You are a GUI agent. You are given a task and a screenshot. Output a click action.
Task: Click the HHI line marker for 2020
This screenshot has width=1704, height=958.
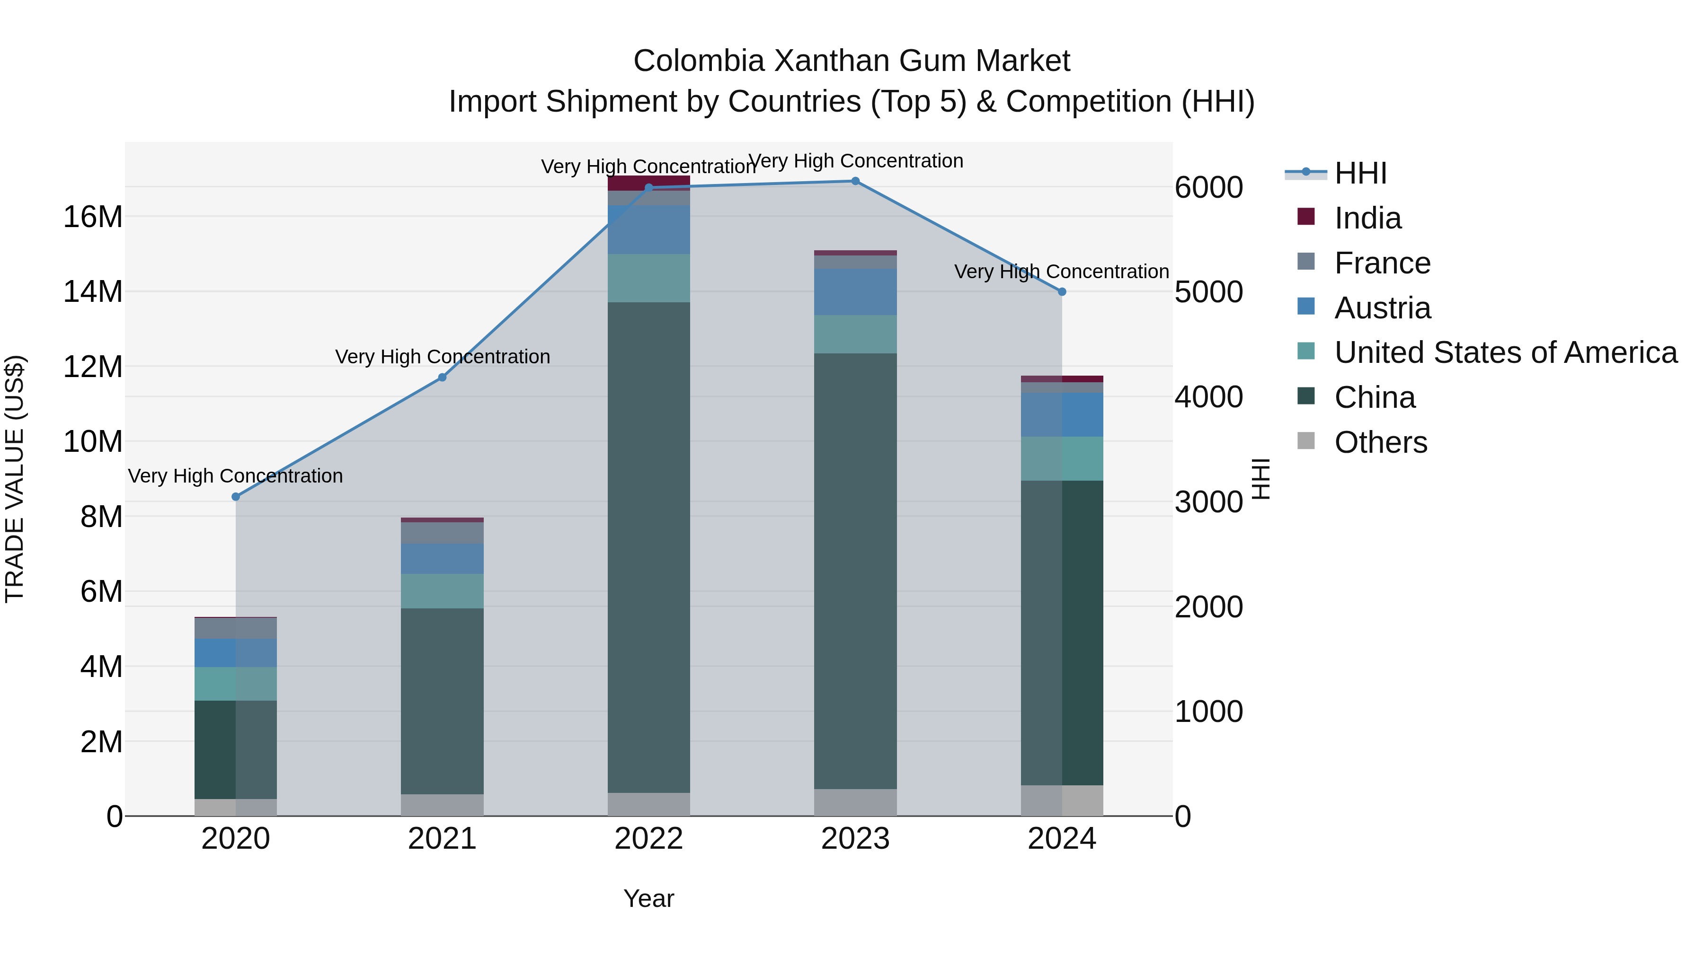tap(236, 497)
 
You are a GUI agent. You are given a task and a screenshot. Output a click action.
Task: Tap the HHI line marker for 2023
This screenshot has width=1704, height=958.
tap(855, 181)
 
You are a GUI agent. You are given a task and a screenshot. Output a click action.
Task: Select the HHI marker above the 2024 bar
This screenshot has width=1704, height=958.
tap(1062, 291)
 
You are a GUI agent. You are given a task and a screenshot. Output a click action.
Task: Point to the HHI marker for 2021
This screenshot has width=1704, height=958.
tap(443, 378)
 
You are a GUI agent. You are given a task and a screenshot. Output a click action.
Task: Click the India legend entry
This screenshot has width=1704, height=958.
tap(1367, 218)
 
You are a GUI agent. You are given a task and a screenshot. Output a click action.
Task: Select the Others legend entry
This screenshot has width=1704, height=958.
tap(1381, 442)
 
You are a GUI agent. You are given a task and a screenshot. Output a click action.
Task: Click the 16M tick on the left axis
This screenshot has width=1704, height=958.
tap(93, 217)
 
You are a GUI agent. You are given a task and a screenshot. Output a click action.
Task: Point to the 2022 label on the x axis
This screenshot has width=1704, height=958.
tap(648, 839)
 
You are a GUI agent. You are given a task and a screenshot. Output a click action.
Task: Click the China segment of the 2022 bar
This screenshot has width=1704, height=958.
tap(648, 547)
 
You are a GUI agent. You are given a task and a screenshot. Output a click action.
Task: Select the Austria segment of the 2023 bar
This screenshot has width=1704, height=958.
tap(855, 291)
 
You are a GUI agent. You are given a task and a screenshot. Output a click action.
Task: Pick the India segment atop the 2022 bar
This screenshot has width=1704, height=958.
tap(648, 183)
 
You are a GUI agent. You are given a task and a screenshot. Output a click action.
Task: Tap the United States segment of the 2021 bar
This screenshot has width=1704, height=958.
tap(443, 591)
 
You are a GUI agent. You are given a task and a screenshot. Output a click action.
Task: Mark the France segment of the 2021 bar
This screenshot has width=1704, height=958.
tap(443, 533)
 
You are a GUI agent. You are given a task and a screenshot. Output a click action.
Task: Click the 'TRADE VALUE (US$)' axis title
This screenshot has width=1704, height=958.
tap(15, 479)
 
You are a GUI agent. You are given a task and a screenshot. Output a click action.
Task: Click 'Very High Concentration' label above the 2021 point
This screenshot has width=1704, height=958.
tap(443, 357)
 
